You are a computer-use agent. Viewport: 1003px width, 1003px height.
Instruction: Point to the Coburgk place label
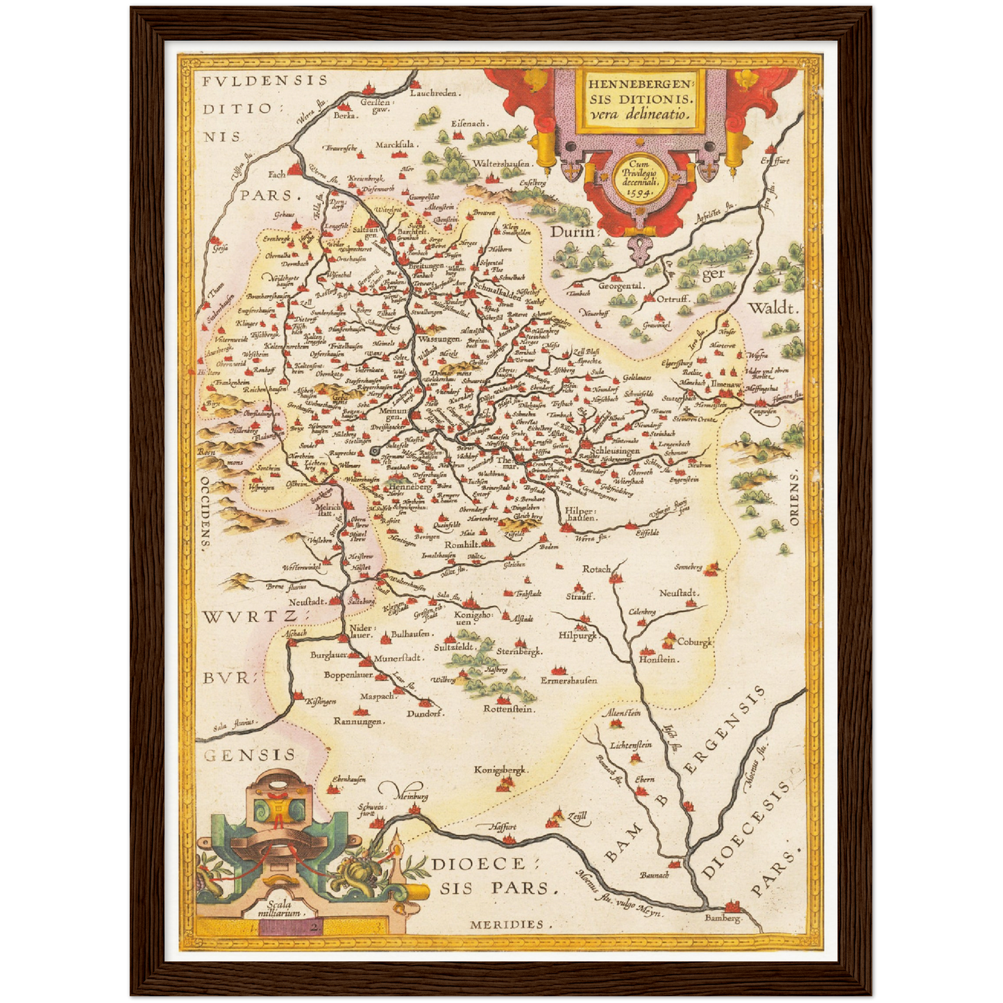695,642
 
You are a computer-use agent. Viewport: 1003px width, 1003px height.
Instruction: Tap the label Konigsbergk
501,769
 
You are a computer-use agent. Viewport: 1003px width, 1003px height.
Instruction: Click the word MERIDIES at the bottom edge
507,924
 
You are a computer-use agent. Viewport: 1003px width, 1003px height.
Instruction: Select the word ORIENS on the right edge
793,497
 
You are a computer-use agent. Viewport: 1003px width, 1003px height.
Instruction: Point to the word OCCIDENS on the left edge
205,513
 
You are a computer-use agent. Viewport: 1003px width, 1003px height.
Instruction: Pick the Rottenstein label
508,709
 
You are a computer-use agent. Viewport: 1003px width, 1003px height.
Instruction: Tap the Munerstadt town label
398,657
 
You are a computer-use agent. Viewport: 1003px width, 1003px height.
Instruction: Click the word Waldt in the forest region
773,308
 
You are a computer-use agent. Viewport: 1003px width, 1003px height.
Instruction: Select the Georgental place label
621,285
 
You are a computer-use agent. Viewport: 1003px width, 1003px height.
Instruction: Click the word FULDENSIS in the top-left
264,81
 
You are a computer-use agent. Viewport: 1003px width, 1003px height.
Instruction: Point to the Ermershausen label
568,680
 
